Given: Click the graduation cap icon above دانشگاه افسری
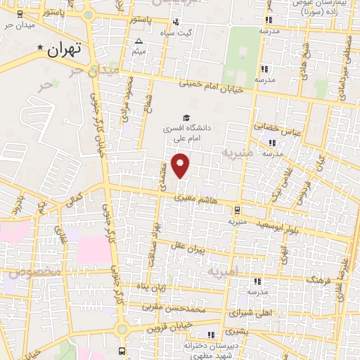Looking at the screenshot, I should click(x=186, y=118).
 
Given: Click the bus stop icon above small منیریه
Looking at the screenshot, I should click(x=237, y=210).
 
